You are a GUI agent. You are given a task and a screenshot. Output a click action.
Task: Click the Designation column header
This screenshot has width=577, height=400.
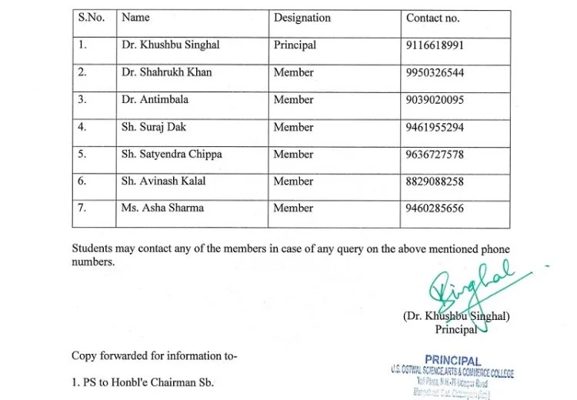tap(302, 18)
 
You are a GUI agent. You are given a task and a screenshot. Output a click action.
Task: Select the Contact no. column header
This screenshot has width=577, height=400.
tap(432, 18)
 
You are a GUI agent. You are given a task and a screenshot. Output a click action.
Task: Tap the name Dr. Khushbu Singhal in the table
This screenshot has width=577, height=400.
tap(170, 45)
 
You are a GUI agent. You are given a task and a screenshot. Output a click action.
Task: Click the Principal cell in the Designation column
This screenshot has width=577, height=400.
tap(295, 45)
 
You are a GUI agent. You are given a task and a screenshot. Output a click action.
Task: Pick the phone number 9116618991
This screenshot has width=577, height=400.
tap(435, 45)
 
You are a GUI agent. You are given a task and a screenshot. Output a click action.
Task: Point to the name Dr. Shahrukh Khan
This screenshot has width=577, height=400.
tap(166, 72)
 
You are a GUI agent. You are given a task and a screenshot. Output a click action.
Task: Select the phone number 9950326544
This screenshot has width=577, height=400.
tap(435, 73)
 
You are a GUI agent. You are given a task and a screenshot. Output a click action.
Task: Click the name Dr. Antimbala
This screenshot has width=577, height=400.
tap(155, 100)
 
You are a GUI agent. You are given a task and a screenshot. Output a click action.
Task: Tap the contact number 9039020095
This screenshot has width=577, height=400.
tap(435, 100)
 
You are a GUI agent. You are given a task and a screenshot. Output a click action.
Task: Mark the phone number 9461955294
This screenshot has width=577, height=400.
tap(435, 128)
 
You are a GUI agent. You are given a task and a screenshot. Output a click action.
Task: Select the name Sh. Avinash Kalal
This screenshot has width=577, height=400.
tap(163, 182)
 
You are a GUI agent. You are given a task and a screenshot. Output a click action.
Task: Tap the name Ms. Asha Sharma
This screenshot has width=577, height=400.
tap(162, 208)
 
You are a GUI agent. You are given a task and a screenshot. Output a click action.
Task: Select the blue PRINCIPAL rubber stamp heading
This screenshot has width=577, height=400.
tap(452, 360)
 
